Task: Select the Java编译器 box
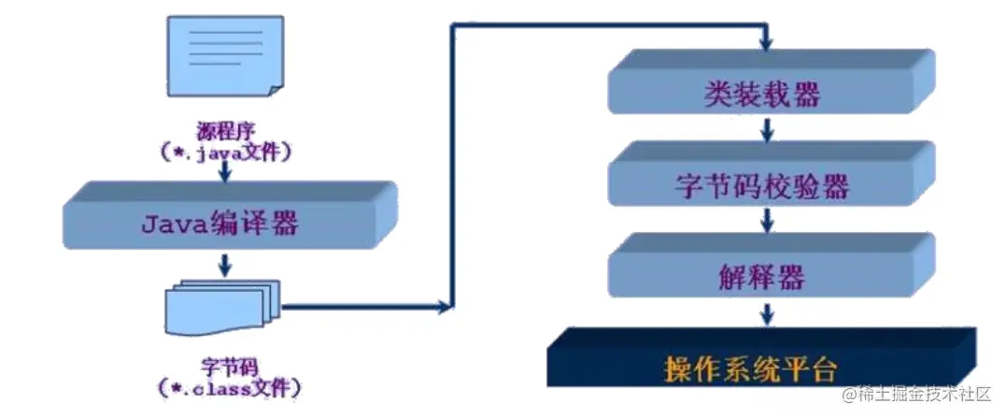click(x=223, y=223)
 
